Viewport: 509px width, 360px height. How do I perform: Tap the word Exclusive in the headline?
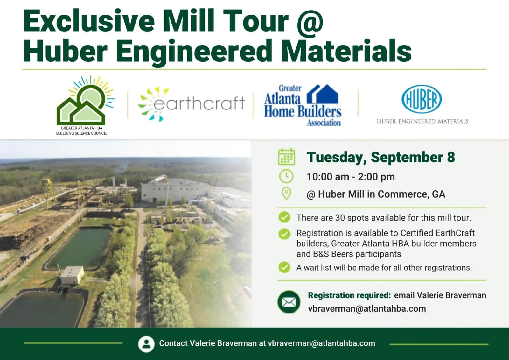coord(89,21)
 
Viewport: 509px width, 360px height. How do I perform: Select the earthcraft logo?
coord(191,104)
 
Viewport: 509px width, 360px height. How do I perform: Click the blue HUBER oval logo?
coord(422,99)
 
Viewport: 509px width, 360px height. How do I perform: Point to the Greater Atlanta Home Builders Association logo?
coord(303,105)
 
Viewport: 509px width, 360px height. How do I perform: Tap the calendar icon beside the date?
coord(287,157)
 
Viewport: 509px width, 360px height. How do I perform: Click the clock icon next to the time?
coord(286,176)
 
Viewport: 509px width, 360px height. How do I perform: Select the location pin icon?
coord(286,194)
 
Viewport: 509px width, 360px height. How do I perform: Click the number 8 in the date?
coord(451,157)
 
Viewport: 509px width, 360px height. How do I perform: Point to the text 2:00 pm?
coord(376,177)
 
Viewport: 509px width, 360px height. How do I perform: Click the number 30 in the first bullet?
coord(340,218)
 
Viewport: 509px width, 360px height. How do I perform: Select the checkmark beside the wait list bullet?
coord(284,267)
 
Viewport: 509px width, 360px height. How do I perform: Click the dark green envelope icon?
coord(289,302)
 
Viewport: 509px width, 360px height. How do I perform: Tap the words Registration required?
coord(349,295)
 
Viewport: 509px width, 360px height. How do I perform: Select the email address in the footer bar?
coord(322,343)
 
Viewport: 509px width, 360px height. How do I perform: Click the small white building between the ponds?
coord(72,275)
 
